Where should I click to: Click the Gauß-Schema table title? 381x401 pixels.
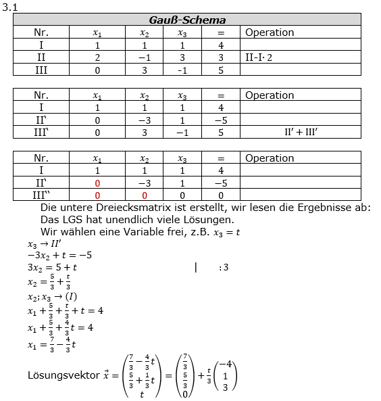tap(187, 20)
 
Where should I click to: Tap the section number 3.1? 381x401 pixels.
tap(9, 5)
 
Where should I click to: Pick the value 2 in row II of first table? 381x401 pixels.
tap(97, 57)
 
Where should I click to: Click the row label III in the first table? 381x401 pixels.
tap(42, 70)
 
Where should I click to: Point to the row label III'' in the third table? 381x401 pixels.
tap(42, 195)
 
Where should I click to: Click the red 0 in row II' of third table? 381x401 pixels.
tap(97, 183)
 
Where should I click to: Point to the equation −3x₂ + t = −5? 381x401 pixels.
tap(59, 256)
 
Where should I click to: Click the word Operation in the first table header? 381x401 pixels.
tap(270, 32)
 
